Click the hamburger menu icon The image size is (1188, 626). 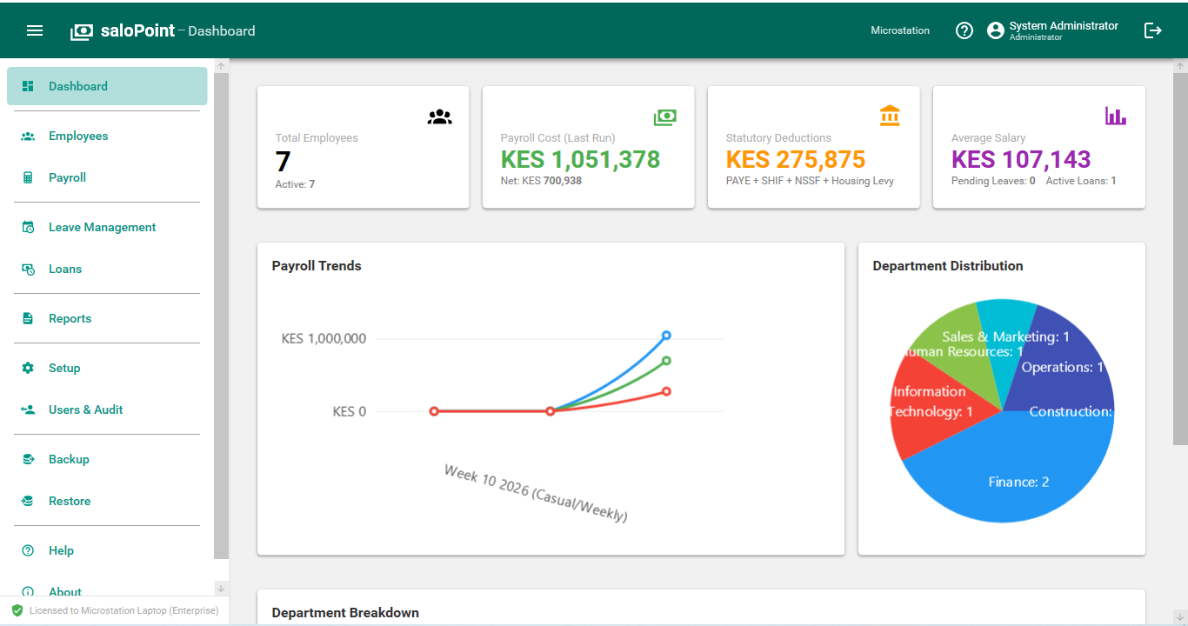coord(35,30)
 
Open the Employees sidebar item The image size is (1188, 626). coord(78,136)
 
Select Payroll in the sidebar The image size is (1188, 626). coord(67,177)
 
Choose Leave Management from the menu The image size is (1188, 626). coord(102,227)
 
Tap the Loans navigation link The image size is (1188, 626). coord(65,269)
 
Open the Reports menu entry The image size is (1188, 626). coord(70,318)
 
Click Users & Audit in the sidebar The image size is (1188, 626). coord(85,410)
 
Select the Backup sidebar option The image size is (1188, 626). coord(69,459)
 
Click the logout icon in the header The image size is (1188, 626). coord(1152,30)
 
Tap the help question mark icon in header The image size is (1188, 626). coord(964,30)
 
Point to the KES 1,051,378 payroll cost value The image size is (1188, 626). coord(580,160)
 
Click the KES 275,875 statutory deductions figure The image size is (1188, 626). coord(796,160)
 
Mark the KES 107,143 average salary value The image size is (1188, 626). coord(1021,160)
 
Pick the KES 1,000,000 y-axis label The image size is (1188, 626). coord(324,338)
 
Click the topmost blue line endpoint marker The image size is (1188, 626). coord(666,335)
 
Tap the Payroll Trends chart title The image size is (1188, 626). coord(317,266)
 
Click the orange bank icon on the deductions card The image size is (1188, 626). coord(890,116)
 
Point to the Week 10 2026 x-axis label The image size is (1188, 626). coord(536,493)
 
